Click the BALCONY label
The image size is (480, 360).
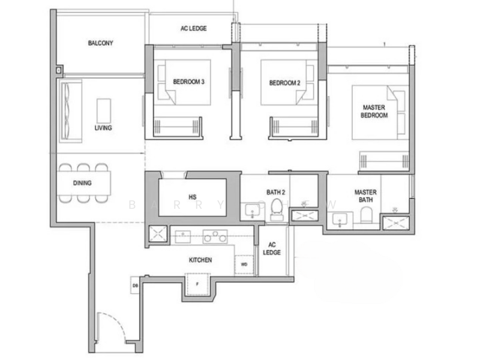pos(100,43)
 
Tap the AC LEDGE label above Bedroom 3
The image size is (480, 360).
pos(194,28)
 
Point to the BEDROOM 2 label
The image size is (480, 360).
pos(284,83)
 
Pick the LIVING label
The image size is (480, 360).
pos(103,128)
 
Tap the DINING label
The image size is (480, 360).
pos(82,183)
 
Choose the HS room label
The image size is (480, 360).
pos(193,197)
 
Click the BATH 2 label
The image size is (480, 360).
pos(276,193)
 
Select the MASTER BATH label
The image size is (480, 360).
pos(366,196)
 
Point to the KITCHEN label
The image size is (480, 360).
pos(200,260)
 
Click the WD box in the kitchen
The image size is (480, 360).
pos(244,264)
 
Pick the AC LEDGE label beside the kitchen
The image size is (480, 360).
pos(272,248)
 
